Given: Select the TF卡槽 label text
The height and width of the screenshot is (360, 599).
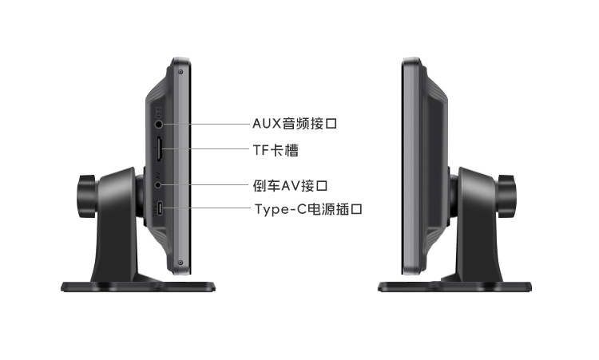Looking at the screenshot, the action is (276, 148).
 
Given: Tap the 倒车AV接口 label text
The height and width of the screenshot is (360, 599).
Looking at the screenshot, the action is (290, 186).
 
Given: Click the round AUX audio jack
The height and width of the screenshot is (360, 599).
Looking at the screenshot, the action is (161, 124).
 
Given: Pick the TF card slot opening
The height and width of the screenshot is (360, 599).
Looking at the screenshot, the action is (160, 148).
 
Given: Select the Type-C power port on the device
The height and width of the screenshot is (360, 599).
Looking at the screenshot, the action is (161, 208).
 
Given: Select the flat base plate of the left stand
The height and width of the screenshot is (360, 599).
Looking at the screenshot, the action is (141, 285).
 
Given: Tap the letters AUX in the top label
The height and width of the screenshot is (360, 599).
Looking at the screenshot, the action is (266, 124).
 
